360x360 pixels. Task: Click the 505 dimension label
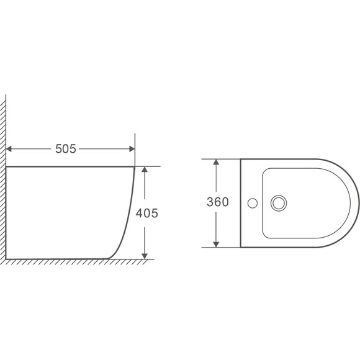click(x=65, y=149)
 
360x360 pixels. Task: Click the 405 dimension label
click(x=146, y=213)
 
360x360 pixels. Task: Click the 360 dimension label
click(x=218, y=202)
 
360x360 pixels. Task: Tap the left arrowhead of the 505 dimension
click(x=9, y=149)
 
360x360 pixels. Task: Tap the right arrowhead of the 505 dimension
click(x=132, y=149)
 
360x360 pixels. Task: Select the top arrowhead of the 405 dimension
click(x=145, y=169)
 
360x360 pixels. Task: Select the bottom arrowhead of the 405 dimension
click(x=145, y=256)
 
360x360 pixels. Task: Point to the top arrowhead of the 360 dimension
click(x=216, y=162)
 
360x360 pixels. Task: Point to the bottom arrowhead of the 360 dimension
click(x=216, y=245)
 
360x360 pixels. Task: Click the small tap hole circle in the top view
click(x=253, y=203)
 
